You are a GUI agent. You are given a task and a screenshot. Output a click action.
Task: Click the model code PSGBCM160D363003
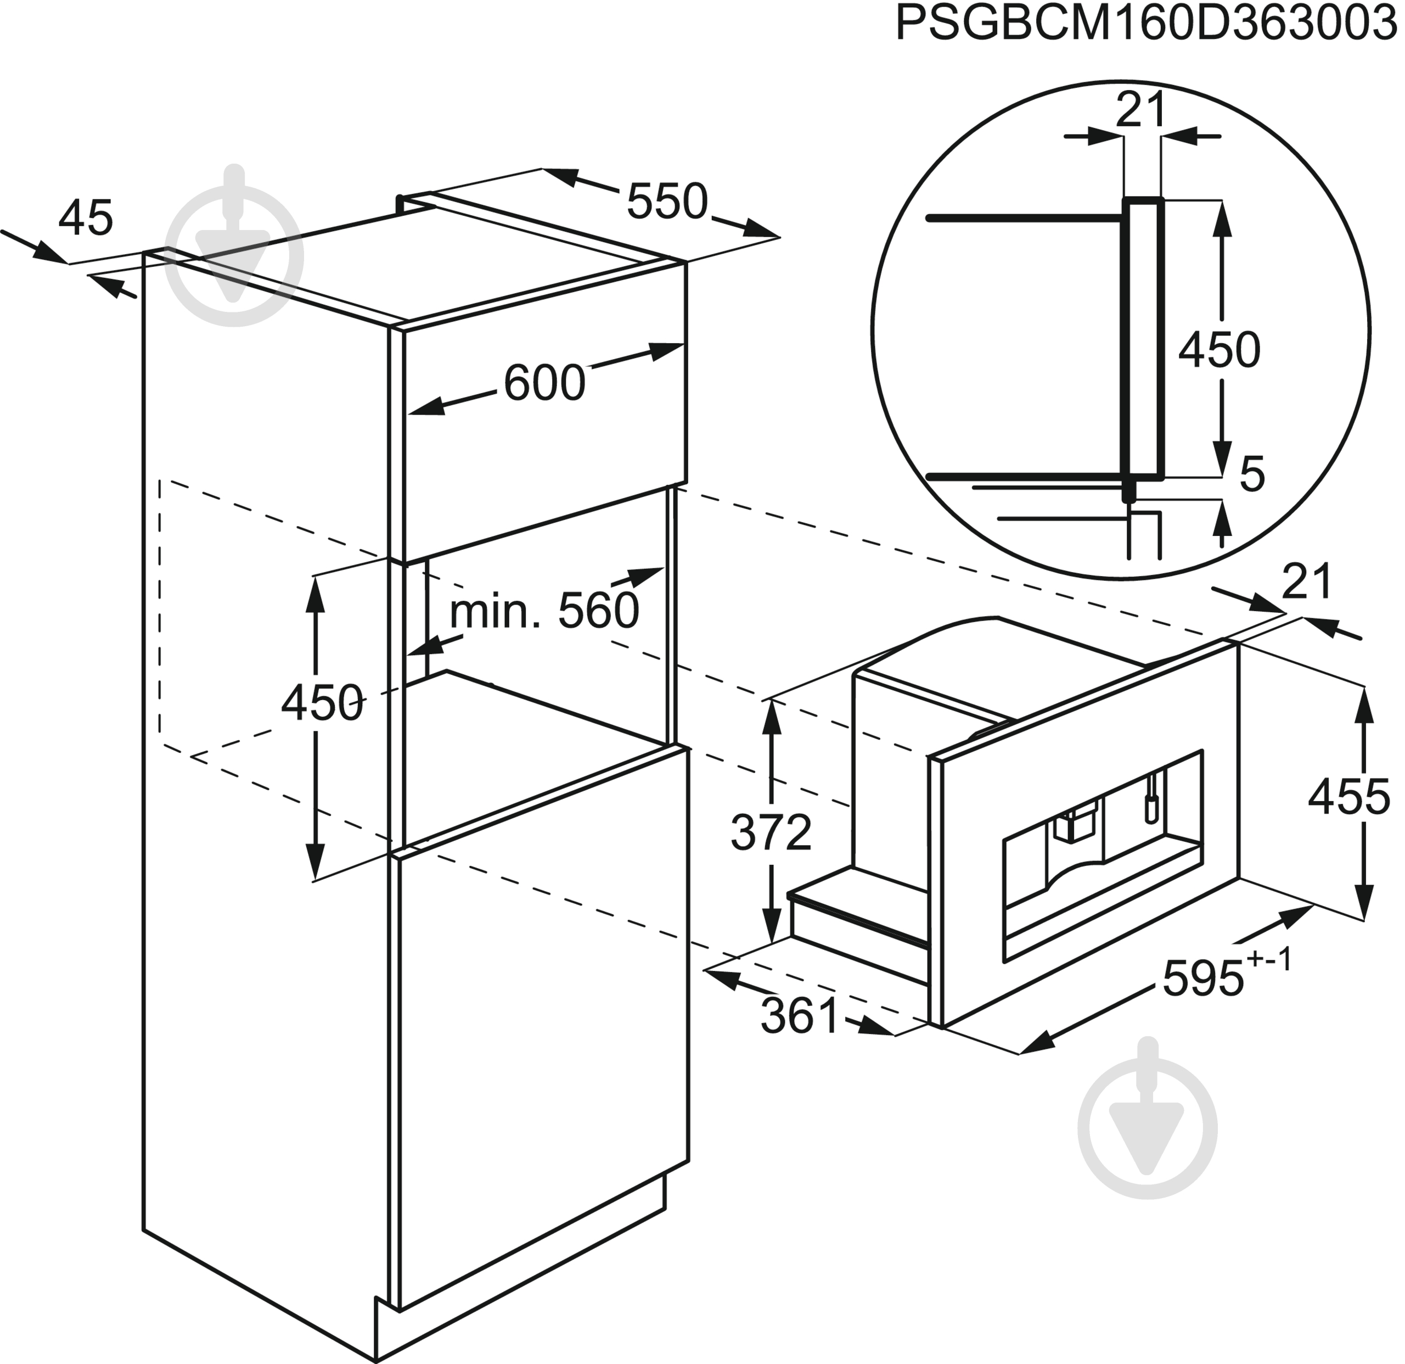(1146, 25)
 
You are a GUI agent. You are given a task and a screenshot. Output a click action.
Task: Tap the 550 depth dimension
(667, 202)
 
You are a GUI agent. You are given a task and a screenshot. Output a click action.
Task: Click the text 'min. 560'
(544, 611)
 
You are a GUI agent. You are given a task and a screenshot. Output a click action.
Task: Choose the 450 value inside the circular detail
(1219, 350)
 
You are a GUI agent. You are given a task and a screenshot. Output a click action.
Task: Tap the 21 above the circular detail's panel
(1141, 110)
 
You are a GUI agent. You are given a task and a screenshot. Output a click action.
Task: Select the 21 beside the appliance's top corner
(1306, 581)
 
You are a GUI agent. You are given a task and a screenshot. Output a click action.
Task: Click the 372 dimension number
(771, 832)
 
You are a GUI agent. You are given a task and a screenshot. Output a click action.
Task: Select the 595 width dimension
(1203, 979)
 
